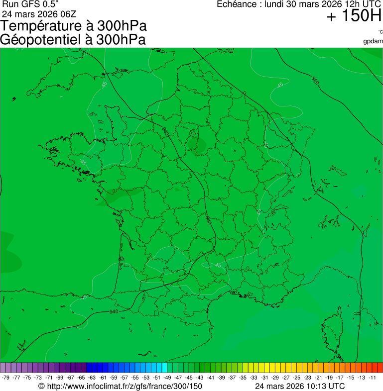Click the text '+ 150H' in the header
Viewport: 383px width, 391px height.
(x=354, y=16)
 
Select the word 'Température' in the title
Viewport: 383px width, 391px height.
(x=42, y=26)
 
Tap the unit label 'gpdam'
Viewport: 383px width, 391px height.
(x=373, y=41)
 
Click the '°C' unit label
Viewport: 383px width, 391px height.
(x=380, y=32)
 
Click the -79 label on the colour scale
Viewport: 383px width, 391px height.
(x=6, y=378)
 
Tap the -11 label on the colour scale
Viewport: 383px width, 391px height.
(x=372, y=378)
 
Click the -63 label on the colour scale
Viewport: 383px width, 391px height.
(x=92, y=378)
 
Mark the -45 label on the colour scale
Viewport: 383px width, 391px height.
(x=189, y=378)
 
